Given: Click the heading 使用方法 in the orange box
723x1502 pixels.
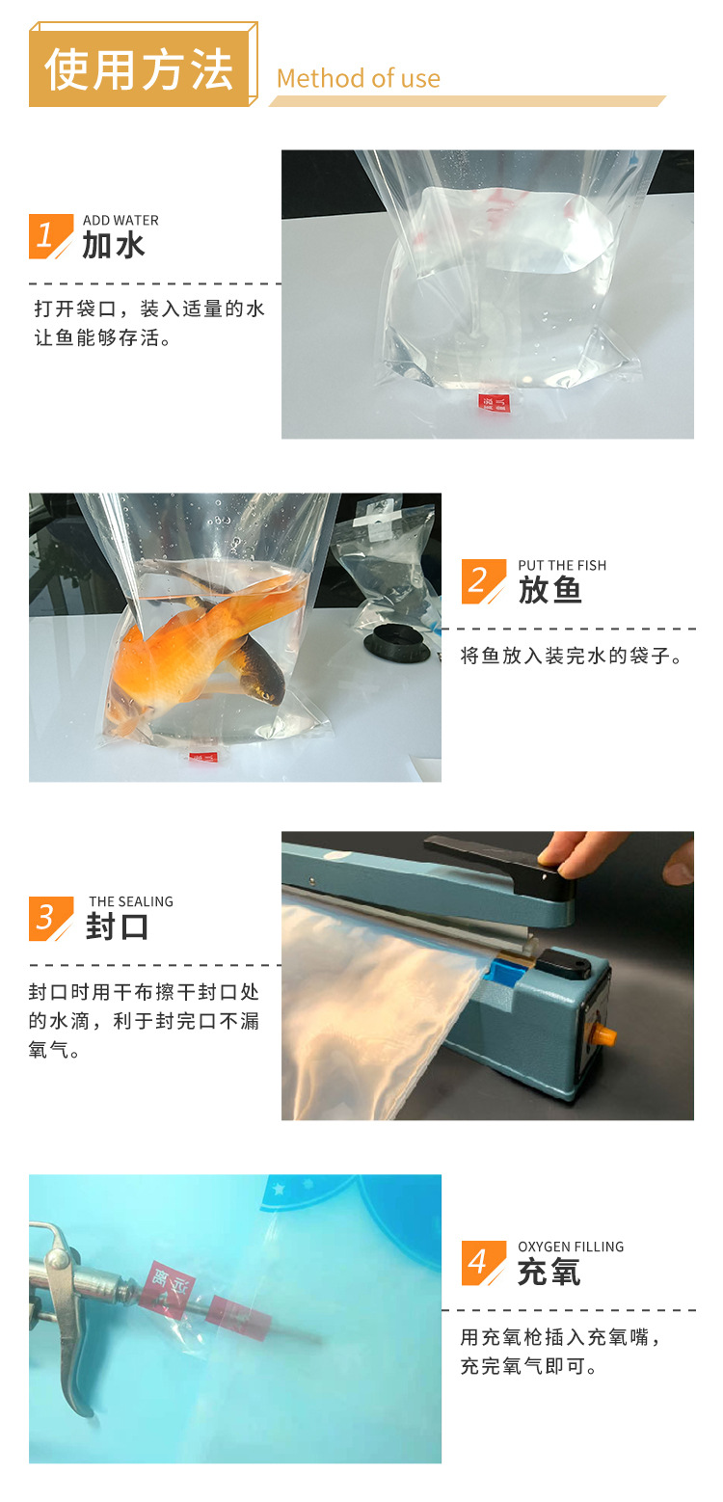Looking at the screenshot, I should coord(140,69).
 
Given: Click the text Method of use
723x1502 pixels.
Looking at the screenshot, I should coord(358,79).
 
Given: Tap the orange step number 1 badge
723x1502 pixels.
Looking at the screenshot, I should coord(49,236).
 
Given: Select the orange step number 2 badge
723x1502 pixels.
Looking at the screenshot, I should coord(482,581).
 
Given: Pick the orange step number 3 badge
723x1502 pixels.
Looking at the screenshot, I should coord(49,918).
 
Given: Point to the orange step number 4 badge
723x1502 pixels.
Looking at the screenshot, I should coord(482,1263).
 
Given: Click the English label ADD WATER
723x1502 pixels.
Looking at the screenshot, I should coord(120,221).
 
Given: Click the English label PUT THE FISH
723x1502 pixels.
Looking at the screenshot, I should coord(562,566).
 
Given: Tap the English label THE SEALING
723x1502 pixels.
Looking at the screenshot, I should coord(130,901).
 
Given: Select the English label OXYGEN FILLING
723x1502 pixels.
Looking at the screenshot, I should coord(570,1247).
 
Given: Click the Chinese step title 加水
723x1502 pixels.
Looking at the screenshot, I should coord(114,246).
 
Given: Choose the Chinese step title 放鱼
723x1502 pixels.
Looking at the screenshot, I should coord(549,590).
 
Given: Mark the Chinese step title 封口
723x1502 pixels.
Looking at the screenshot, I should coord(118,926).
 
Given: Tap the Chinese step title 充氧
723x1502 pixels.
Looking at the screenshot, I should coord(549,1273).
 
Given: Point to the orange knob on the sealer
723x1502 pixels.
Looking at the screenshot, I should coord(604,1035).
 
